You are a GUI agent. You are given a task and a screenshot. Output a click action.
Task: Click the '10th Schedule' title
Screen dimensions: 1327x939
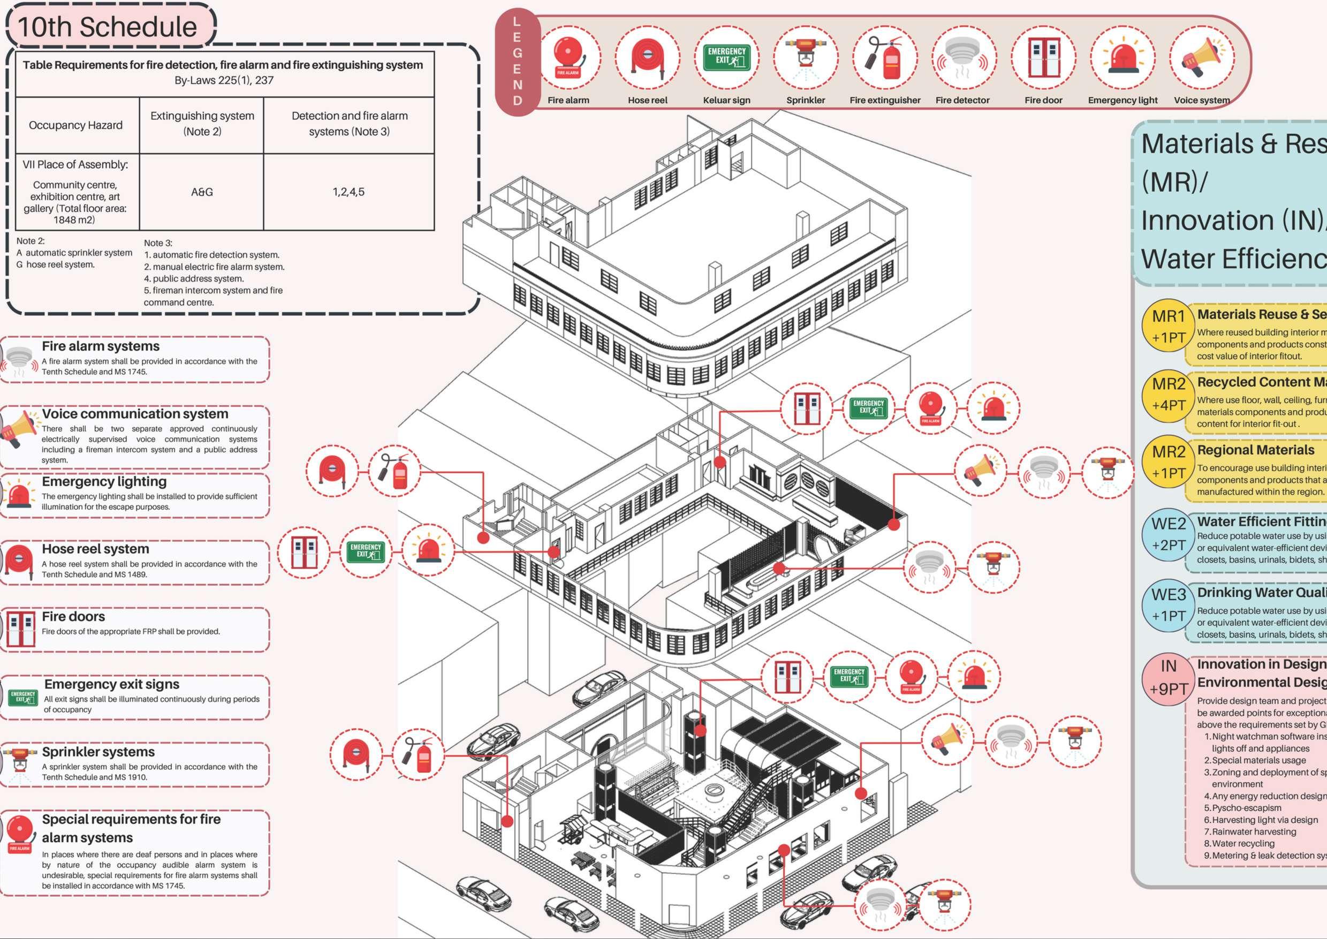point(108,27)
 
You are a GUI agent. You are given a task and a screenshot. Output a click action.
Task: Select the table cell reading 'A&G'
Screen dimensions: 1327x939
point(202,192)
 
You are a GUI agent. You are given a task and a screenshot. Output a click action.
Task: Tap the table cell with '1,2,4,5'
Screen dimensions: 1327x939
point(348,192)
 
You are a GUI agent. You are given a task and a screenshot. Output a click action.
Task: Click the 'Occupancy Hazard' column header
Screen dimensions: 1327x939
point(76,125)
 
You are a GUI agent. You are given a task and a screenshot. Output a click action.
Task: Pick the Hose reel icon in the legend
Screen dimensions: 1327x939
point(647,58)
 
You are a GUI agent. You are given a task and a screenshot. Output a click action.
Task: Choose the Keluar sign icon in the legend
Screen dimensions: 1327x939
point(726,58)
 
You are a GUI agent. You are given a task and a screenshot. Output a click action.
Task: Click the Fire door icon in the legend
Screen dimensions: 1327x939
point(1043,58)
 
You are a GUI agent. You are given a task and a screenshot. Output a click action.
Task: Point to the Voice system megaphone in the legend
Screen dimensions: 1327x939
point(1202,58)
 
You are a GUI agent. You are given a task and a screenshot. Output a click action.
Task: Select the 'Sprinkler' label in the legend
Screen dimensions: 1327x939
point(806,100)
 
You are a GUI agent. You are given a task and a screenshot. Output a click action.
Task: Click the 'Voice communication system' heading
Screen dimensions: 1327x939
point(135,413)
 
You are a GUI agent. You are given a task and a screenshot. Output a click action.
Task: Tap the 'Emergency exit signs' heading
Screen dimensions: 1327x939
point(111,684)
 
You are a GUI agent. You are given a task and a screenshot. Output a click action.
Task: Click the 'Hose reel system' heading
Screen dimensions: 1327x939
point(95,549)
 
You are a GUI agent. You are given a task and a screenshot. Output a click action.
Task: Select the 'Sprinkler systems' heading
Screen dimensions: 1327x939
point(98,752)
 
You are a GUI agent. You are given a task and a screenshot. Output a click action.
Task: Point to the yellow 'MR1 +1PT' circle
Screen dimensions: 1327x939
point(1169,327)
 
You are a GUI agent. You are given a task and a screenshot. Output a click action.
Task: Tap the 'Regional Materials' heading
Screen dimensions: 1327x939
point(1255,450)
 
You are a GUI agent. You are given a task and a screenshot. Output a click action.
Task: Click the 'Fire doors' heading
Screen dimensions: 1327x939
point(73,616)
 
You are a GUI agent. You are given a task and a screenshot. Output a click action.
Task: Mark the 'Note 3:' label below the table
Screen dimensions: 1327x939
point(158,243)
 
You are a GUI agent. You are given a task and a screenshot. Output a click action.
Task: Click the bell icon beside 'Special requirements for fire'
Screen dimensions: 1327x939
point(20,833)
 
